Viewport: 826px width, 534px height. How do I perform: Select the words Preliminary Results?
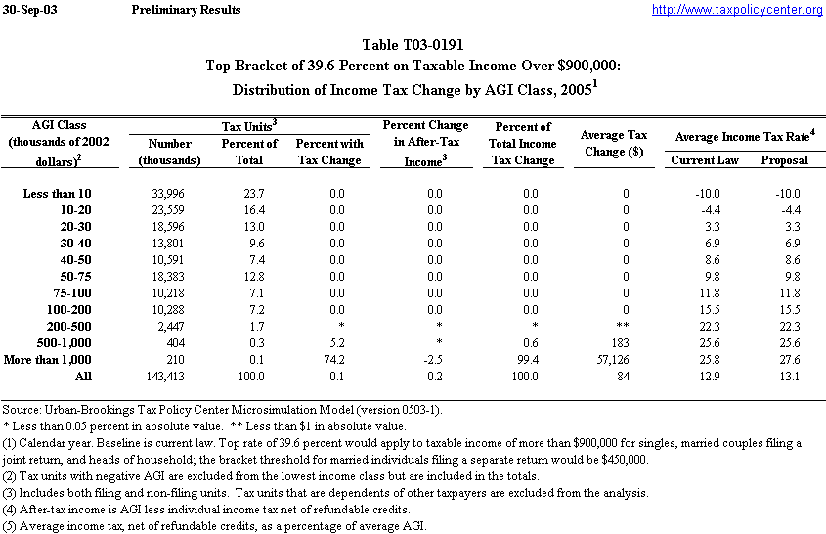tap(185, 10)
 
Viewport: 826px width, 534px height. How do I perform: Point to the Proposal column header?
tap(784, 159)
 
